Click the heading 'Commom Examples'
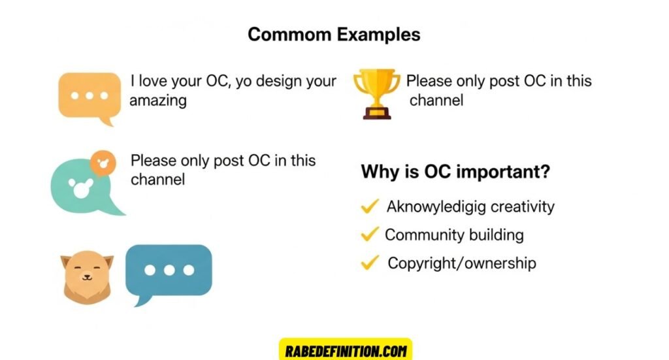coord(334,34)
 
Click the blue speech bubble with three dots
coord(169,271)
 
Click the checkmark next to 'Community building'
coord(370,234)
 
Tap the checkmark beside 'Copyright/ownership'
coord(370,263)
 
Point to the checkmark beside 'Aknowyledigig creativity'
coord(370,206)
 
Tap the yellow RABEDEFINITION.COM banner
coord(346,350)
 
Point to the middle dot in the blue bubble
coord(169,269)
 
